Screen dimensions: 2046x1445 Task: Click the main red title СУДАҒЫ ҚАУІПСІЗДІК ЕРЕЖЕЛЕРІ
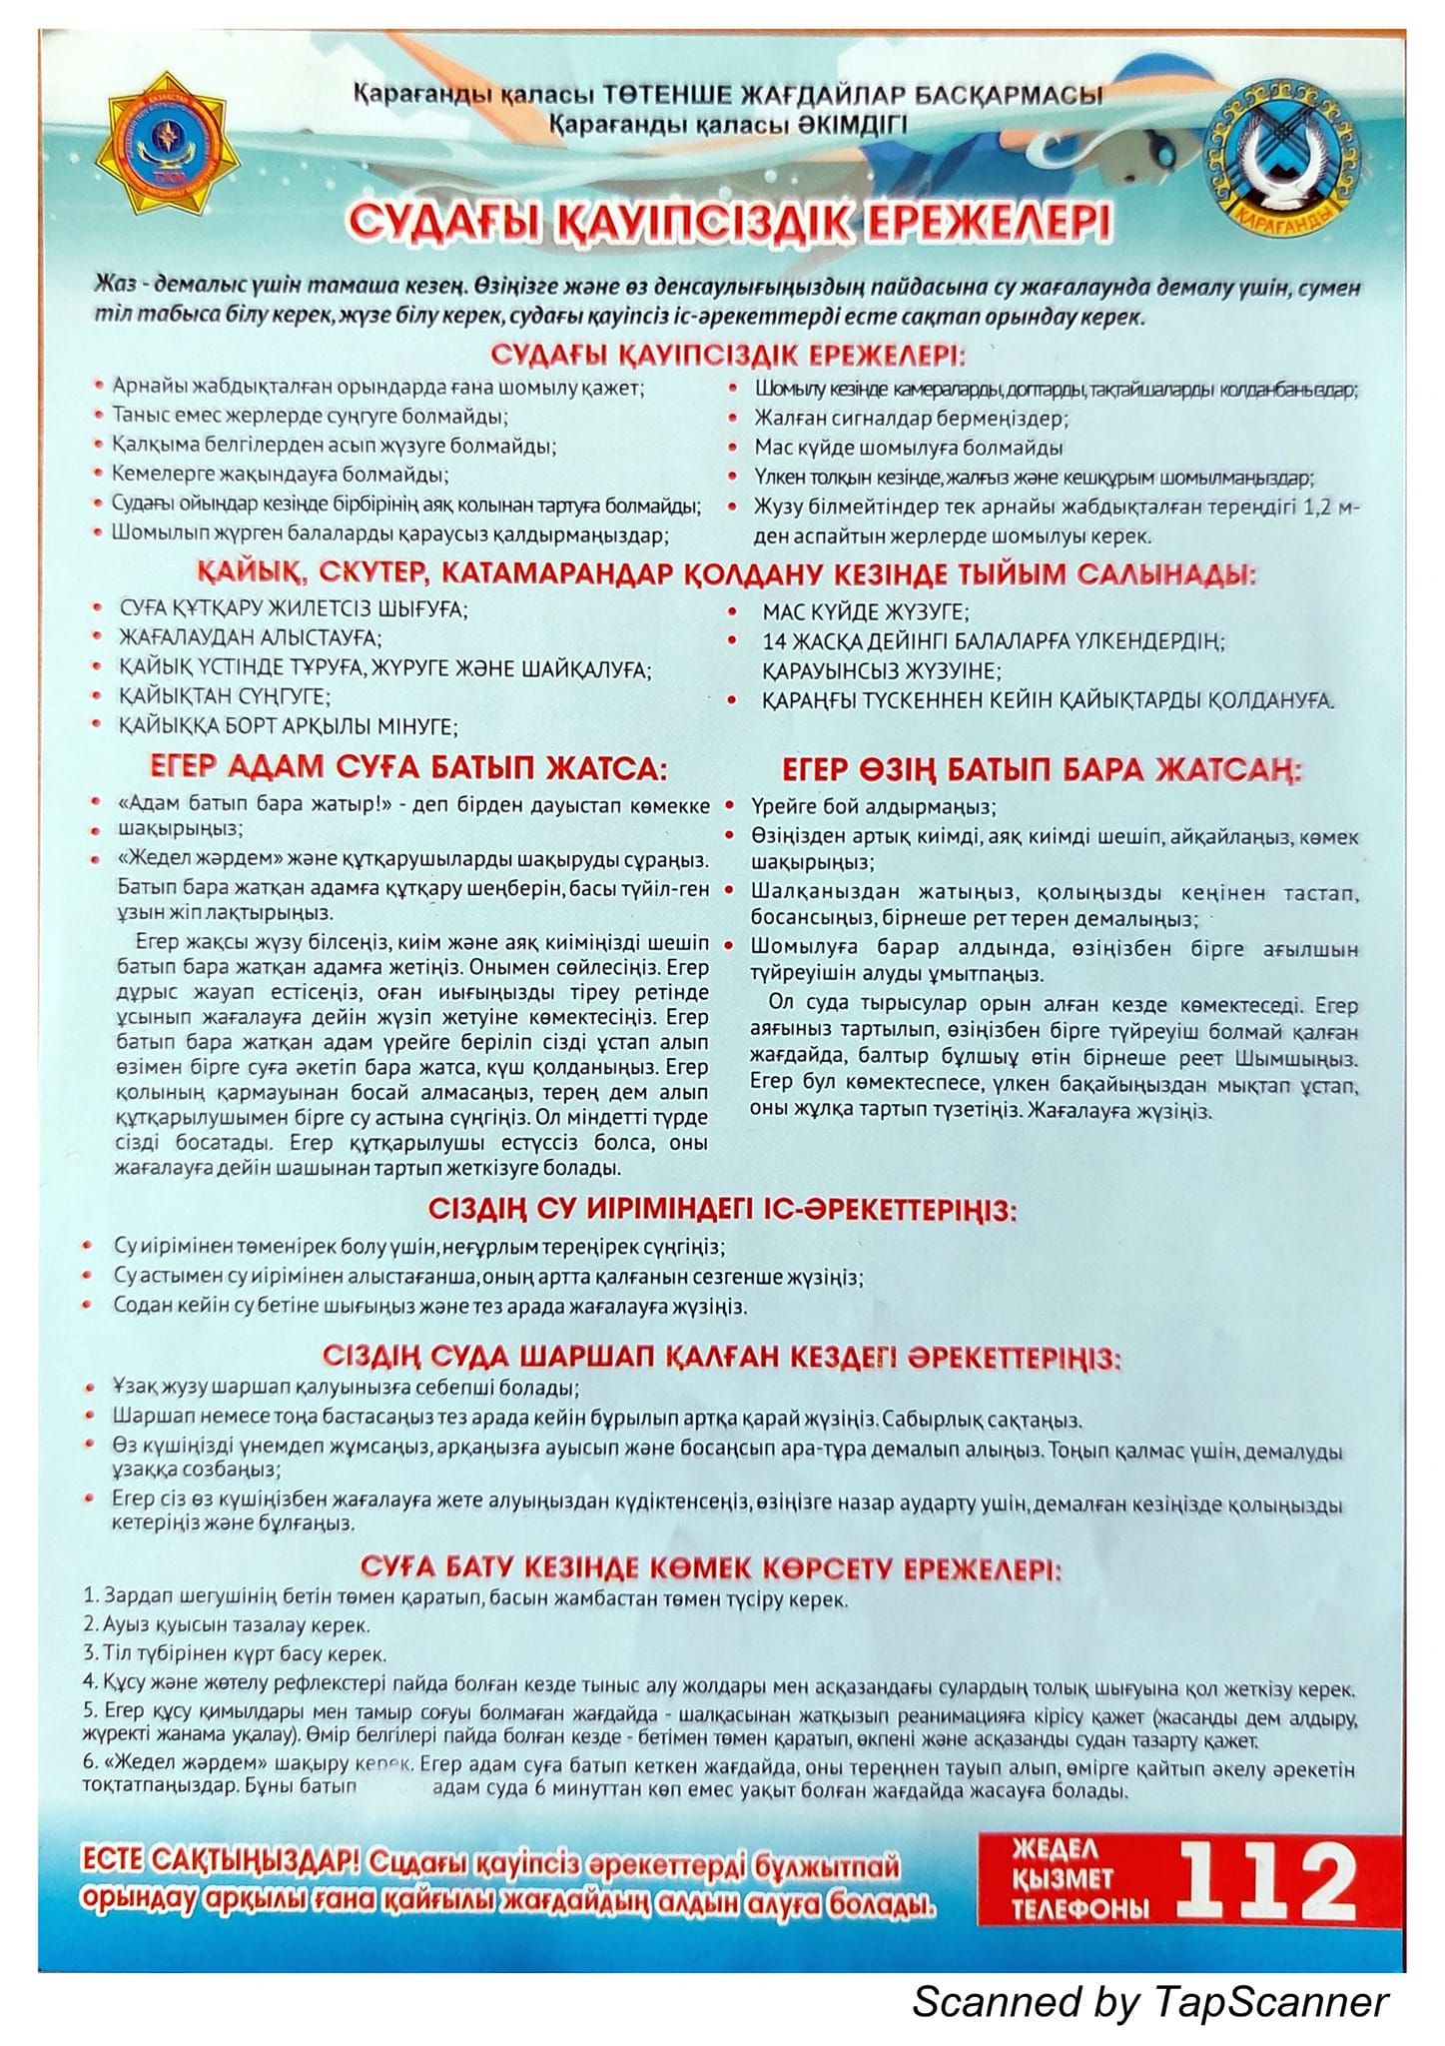coord(726,223)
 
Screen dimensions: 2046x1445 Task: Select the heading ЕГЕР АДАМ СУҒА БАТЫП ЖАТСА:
coord(407,769)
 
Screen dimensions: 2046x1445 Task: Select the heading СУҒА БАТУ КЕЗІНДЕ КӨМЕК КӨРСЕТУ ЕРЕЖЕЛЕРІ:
coord(711,1567)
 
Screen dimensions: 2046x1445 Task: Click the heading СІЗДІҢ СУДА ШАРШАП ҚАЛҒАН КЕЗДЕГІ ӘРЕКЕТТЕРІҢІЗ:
coord(721,1359)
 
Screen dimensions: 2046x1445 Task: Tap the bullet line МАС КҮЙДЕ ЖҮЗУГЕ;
coord(865,611)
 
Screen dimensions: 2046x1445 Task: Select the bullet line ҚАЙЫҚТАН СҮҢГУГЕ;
coord(225,695)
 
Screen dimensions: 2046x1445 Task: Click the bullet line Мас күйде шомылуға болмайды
coord(908,448)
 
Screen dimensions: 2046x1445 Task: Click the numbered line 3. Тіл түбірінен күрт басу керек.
coord(236,1654)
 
